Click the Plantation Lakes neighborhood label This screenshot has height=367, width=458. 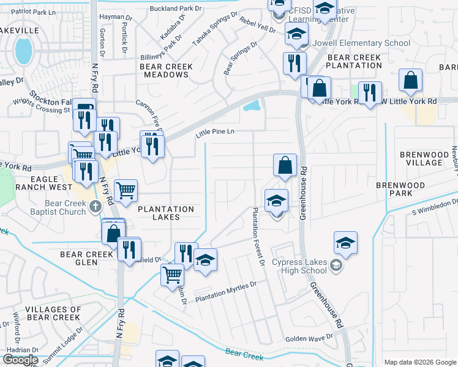click(166, 213)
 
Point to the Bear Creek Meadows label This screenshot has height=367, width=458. click(166, 70)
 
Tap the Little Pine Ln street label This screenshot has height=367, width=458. click(216, 132)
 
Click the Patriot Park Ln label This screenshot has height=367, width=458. click(34, 11)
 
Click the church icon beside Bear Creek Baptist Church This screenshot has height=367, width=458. click(95, 207)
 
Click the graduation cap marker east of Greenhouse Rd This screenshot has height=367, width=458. click(345, 243)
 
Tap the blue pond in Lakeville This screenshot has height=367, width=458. click(24, 50)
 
